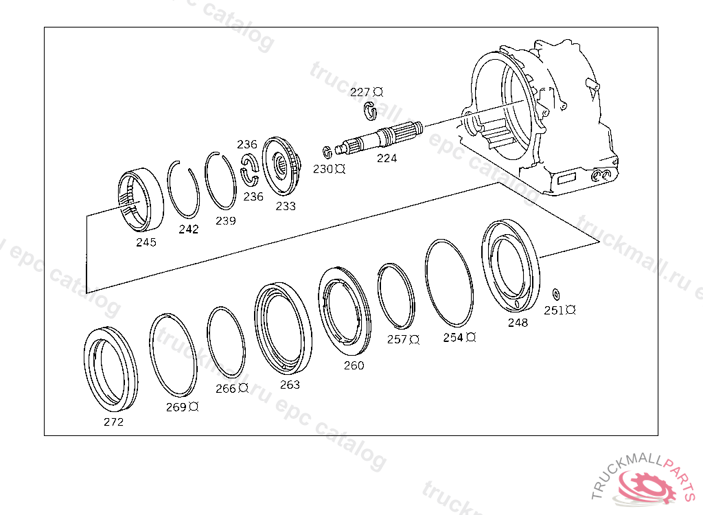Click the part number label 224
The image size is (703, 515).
point(387,158)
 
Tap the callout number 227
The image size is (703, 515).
point(360,92)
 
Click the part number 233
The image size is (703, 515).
point(286,206)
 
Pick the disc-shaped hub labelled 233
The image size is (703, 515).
point(283,165)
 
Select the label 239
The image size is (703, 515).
point(225,220)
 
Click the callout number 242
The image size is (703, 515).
point(188,229)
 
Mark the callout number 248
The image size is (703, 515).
point(518,323)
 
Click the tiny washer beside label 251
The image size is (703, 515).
point(556,294)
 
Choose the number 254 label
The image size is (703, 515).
point(453,338)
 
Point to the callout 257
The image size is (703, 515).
point(397,339)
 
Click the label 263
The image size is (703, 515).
point(290,385)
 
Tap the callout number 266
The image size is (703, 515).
point(225,389)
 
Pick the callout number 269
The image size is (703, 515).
point(176,407)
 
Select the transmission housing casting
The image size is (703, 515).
point(542,117)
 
